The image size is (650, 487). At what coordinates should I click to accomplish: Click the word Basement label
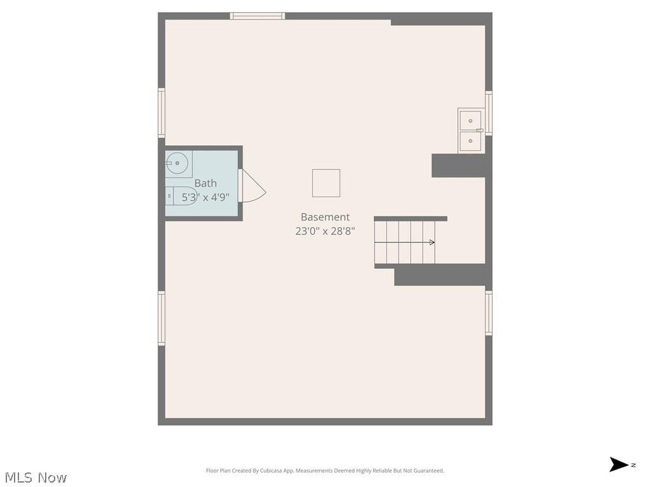pos(325,217)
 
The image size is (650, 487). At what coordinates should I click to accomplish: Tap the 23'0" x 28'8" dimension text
pos(325,231)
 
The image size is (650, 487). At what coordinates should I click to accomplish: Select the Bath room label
pos(206,183)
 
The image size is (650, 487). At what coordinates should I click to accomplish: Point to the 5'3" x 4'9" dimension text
pos(206,197)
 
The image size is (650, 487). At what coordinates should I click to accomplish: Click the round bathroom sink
pos(177,163)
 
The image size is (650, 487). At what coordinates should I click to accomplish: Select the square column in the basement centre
pos(326,183)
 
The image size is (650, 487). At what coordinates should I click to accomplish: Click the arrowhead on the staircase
pos(432,242)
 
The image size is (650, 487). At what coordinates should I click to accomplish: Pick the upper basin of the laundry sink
pos(470,121)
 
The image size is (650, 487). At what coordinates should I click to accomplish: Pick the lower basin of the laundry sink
pos(470,141)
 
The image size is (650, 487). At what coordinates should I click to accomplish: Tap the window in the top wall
pos(258,16)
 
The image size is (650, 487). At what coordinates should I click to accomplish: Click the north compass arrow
pos(619,464)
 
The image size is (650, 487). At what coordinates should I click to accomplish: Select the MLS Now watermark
pos(36,477)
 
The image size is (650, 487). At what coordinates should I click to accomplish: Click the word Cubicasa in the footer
pos(269,471)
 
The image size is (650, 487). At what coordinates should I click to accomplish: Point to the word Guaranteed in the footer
pos(430,471)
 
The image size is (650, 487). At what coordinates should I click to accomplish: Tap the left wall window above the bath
pos(162,113)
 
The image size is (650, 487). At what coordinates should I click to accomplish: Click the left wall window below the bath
pos(162,318)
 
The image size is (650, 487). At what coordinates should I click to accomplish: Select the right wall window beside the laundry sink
pos(489,114)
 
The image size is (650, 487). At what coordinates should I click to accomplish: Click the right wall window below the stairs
pos(489,313)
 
